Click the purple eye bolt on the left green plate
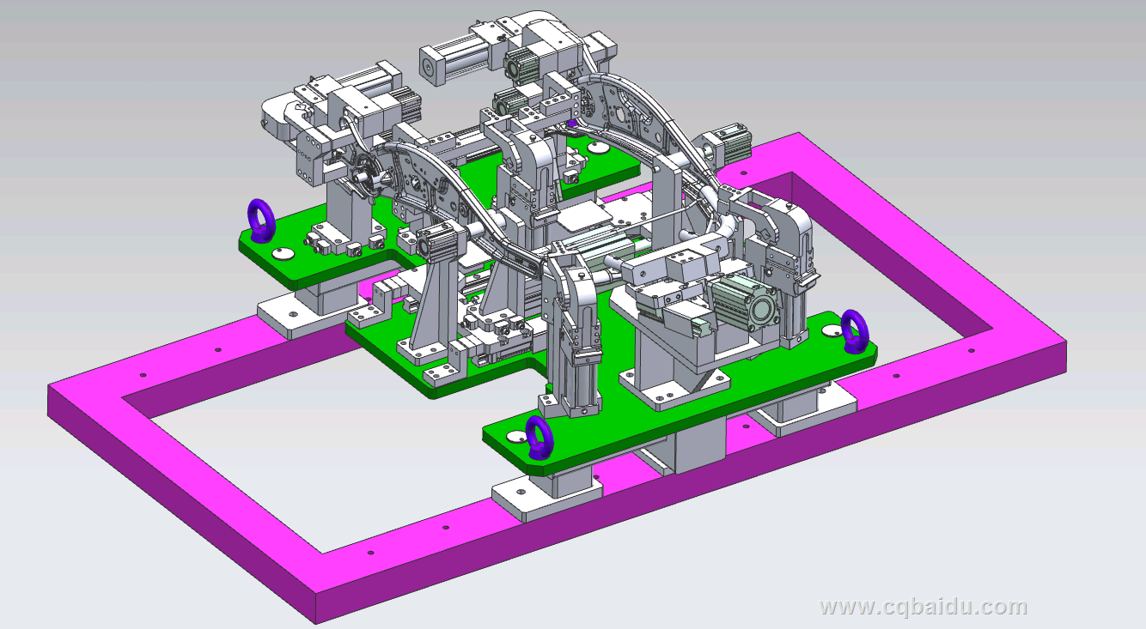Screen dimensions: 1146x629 coord(261,221)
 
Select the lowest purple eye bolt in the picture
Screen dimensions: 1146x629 coord(539,438)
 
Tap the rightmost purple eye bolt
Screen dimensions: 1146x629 coord(855,331)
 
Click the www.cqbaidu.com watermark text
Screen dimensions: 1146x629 coord(923,607)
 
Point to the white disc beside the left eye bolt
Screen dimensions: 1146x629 coord(282,253)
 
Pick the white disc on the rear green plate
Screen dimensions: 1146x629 coord(598,148)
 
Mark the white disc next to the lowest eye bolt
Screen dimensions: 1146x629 coord(516,437)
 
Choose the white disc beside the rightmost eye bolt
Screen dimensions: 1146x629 coord(832,331)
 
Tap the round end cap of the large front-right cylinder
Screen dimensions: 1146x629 coord(762,309)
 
